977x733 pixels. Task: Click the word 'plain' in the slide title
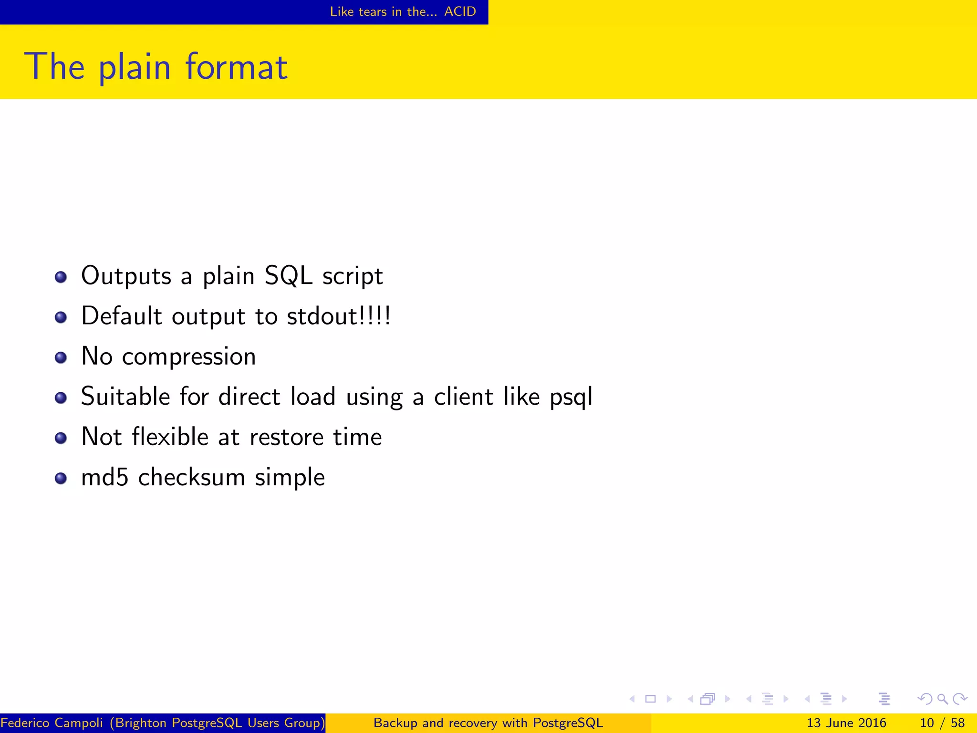(x=134, y=67)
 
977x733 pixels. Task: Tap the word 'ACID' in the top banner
(x=460, y=11)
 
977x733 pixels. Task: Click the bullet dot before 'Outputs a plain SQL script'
(x=61, y=277)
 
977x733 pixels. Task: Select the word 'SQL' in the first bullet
(x=288, y=276)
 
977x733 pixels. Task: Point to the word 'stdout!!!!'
(x=339, y=316)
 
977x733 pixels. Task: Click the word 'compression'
(x=189, y=357)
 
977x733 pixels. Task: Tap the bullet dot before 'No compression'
(x=61, y=357)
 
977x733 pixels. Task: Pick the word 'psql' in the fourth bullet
(x=571, y=397)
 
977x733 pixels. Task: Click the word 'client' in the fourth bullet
(x=463, y=397)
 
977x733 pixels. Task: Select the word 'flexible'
(x=170, y=437)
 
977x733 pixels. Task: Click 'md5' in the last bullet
(x=105, y=477)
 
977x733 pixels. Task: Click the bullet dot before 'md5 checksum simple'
(x=61, y=478)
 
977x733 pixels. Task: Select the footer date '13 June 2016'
(x=846, y=723)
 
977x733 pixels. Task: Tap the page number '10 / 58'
(x=942, y=723)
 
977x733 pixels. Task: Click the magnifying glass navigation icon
(x=942, y=699)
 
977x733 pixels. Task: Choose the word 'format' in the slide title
(x=237, y=66)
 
